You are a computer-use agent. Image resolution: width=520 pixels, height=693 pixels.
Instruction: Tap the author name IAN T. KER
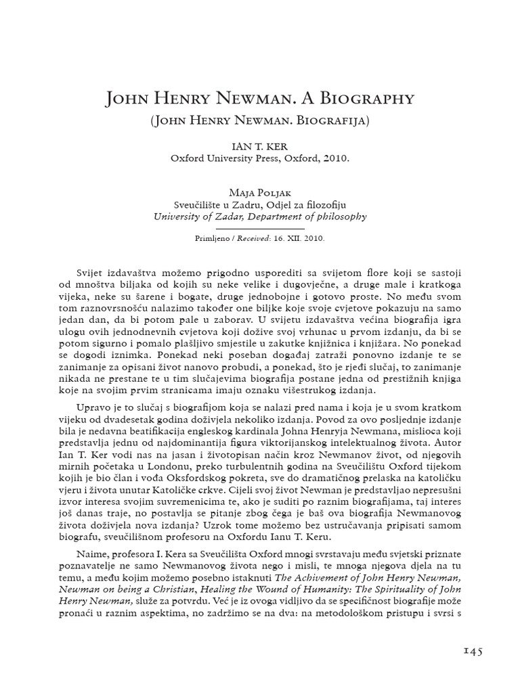coord(260,146)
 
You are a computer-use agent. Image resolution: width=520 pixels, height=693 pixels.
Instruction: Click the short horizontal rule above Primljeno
coord(260,229)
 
